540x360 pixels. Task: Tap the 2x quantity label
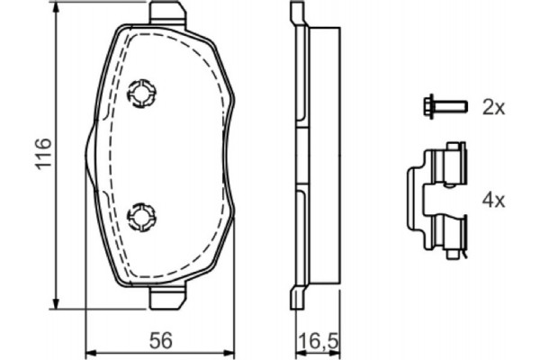(x=494, y=107)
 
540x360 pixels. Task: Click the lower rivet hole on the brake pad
(x=141, y=215)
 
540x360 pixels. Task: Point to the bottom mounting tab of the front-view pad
(x=166, y=298)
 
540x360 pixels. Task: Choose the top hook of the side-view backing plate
(x=295, y=14)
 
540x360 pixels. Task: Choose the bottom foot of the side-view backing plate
(x=295, y=298)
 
